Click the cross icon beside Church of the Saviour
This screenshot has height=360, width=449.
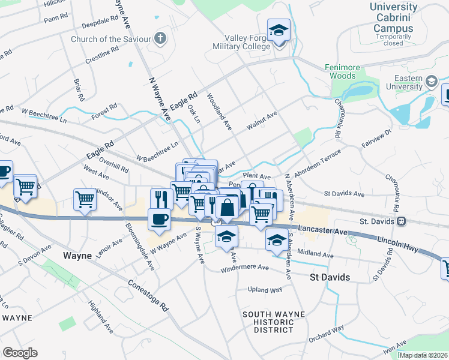coord(160,39)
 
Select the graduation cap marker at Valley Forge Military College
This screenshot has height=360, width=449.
coord(279,31)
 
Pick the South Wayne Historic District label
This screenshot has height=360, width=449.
coord(274,322)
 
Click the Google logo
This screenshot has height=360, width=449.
coord(20,352)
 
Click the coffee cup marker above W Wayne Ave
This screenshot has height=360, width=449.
coord(159,218)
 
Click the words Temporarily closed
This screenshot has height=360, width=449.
coord(394,40)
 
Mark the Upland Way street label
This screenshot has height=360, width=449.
coord(265,290)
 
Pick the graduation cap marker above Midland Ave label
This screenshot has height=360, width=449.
coord(276,241)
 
